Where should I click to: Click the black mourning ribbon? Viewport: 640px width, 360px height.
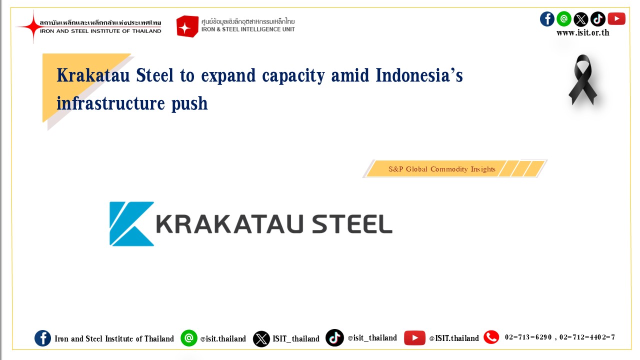583,80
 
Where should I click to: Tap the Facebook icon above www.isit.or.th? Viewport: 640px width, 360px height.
547,19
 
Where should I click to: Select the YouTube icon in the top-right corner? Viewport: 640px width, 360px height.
616,19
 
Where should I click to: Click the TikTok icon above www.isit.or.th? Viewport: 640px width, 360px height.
597,19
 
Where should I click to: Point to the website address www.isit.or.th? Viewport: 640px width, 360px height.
583,33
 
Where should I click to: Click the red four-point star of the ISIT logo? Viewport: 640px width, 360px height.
33,26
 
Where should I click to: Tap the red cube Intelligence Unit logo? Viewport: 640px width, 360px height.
187,26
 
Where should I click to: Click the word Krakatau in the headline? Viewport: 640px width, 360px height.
93,75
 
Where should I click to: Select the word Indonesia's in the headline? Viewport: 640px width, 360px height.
419,75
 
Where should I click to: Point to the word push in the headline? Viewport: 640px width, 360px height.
189,103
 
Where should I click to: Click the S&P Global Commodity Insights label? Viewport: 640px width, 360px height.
441,169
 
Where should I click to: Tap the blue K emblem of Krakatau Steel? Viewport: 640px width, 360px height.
131,223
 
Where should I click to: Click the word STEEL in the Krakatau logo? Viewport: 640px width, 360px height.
352,224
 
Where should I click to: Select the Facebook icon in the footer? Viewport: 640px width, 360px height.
43,338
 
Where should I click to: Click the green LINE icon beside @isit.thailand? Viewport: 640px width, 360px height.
189,338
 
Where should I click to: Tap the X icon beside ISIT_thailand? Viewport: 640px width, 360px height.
261,339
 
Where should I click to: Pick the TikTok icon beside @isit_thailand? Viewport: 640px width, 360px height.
334,337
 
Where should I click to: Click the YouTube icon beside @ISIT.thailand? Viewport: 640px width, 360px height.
414,338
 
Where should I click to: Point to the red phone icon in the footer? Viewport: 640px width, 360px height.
491,337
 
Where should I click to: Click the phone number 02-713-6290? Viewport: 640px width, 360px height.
528,337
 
